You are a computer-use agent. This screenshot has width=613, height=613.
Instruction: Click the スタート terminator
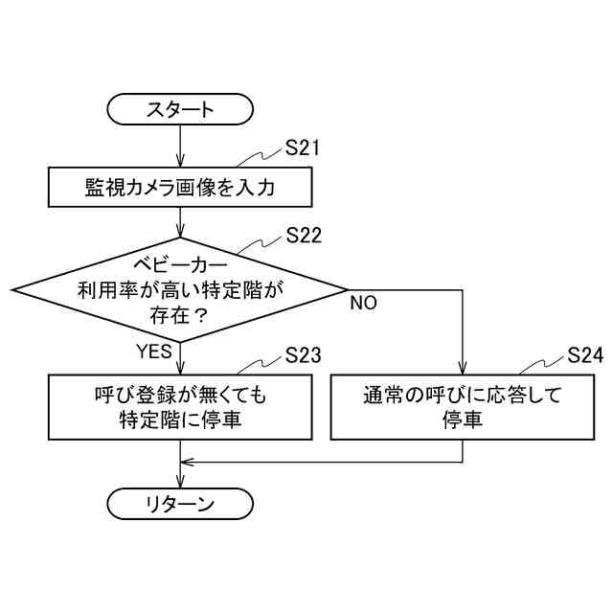coord(180,108)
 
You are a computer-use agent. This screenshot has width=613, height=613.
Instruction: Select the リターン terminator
coord(180,504)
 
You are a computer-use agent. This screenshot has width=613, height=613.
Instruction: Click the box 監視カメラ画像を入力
coord(180,187)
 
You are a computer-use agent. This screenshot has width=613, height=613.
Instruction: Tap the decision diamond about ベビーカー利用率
coord(180,287)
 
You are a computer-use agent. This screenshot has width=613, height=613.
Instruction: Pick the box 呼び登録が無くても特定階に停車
coord(180,407)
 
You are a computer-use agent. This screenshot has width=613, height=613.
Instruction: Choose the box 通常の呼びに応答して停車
coord(462,407)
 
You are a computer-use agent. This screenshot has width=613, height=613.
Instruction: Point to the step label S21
coord(303,148)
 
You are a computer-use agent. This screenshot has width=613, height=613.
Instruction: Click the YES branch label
coord(153,351)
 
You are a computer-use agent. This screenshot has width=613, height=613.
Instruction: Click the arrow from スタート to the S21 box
coord(180,146)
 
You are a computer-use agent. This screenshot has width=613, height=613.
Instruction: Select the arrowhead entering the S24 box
coord(462,370)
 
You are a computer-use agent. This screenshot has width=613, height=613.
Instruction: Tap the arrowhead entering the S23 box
coord(180,370)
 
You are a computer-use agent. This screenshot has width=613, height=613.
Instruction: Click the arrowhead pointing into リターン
coord(180,484)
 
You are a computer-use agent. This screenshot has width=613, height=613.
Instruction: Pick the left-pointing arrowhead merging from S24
coord(187,462)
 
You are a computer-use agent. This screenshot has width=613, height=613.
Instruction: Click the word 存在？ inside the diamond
coord(180,312)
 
